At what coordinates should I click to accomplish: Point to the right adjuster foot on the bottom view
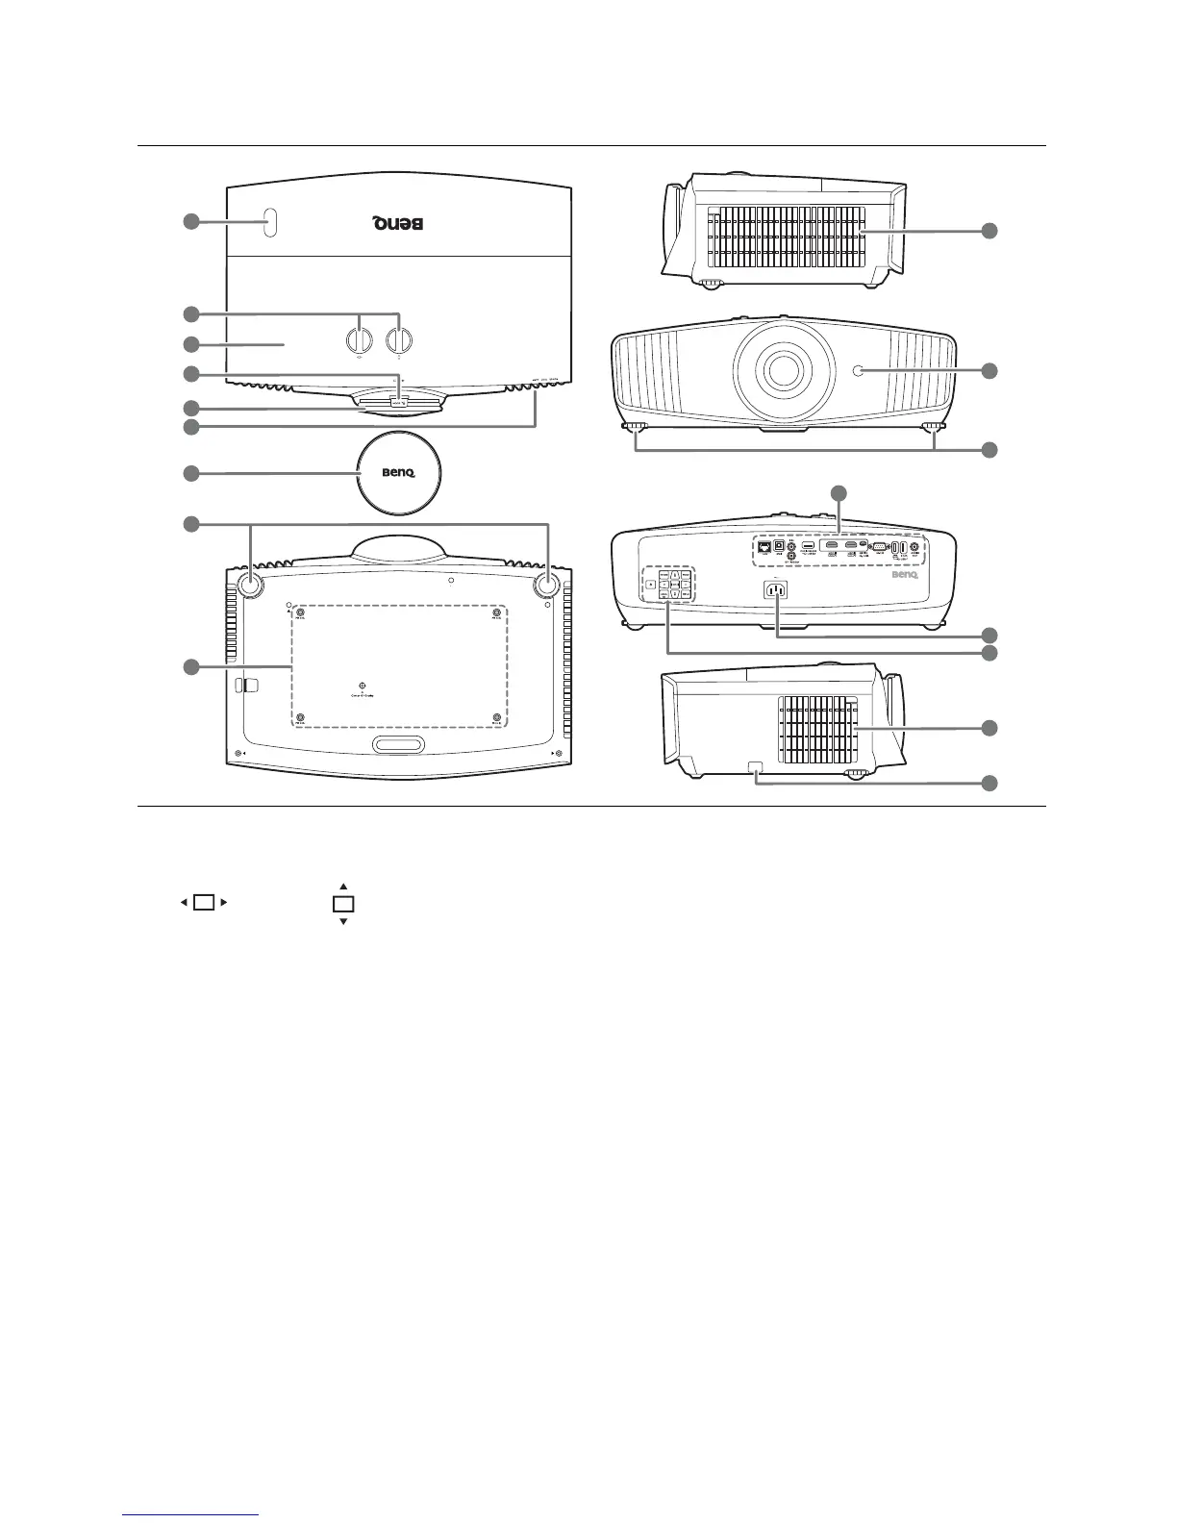click(x=547, y=583)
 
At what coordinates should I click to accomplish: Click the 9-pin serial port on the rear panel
click(x=877, y=547)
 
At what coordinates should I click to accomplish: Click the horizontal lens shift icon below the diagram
click(x=203, y=903)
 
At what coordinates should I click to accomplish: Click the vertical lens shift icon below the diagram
click(x=343, y=904)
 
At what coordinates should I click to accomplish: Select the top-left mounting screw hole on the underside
click(x=301, y=612)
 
